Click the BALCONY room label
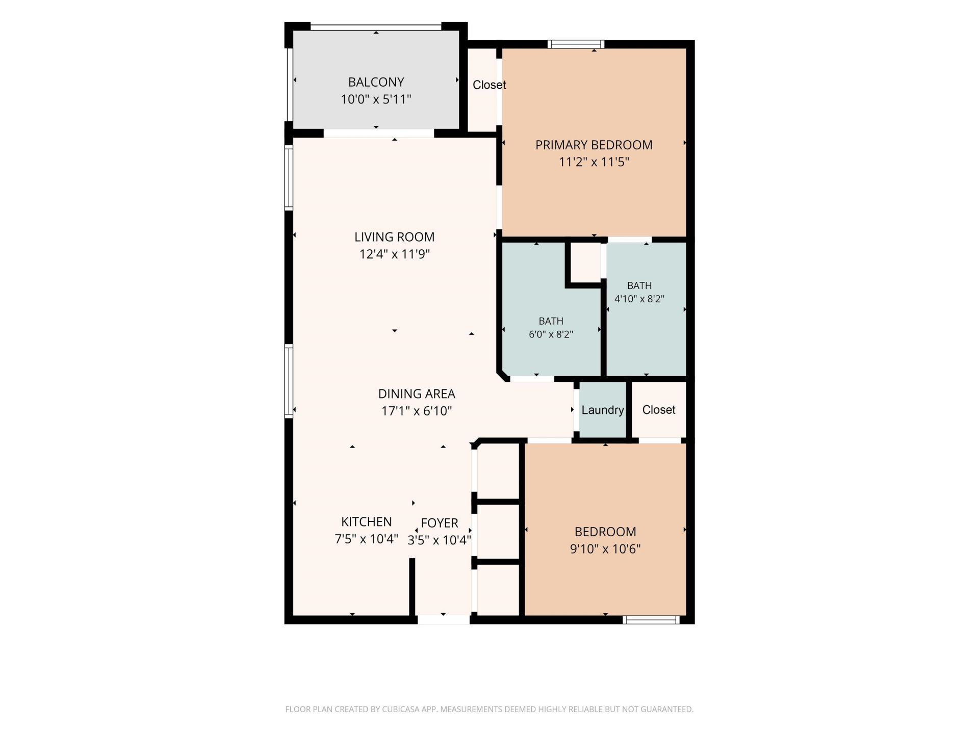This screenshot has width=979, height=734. click(376, 82)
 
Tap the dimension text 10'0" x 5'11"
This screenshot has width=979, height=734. click(376, 99)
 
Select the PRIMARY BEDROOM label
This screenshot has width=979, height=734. click(594, 145)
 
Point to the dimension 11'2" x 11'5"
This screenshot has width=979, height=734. click(594, 162)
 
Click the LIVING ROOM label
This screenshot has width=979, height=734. click(395, 237)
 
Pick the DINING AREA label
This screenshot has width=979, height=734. click(417, 394)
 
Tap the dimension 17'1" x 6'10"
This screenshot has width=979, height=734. click(417, 411)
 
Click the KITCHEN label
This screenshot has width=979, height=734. click(367, 522)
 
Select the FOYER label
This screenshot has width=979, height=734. click(440, 523)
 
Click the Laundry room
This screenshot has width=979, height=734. click(603, 410)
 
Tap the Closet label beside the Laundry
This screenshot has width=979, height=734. click(659, 410)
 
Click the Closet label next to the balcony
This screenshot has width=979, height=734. click(489, 85)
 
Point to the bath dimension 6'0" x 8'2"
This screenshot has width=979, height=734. click(551, 335)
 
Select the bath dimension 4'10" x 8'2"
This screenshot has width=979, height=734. click(639, 299)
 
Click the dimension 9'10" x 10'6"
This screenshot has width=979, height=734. click(605, 549)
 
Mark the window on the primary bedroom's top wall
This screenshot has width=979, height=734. click(576, 44)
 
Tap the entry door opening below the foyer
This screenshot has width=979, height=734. click(444, 620)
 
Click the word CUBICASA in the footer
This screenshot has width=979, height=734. click(404, 709)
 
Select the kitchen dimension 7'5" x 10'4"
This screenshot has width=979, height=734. click(367, 539)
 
